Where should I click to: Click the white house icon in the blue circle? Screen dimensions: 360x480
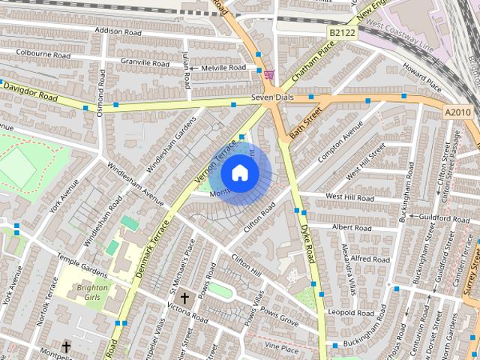pyautogui.click(x=239, y=172)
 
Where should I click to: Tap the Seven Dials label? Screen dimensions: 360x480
pyautogui.click(x=270, y=97)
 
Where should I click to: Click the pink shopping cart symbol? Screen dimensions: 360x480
pyautogui.click(x=268, y=75)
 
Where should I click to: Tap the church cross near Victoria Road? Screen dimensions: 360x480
pyautogui.click(x=184, y=298)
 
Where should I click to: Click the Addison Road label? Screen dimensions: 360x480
pyautogui.click(x=118, y=31)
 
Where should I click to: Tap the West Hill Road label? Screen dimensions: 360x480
pyautogui.click(x=349, y=197)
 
